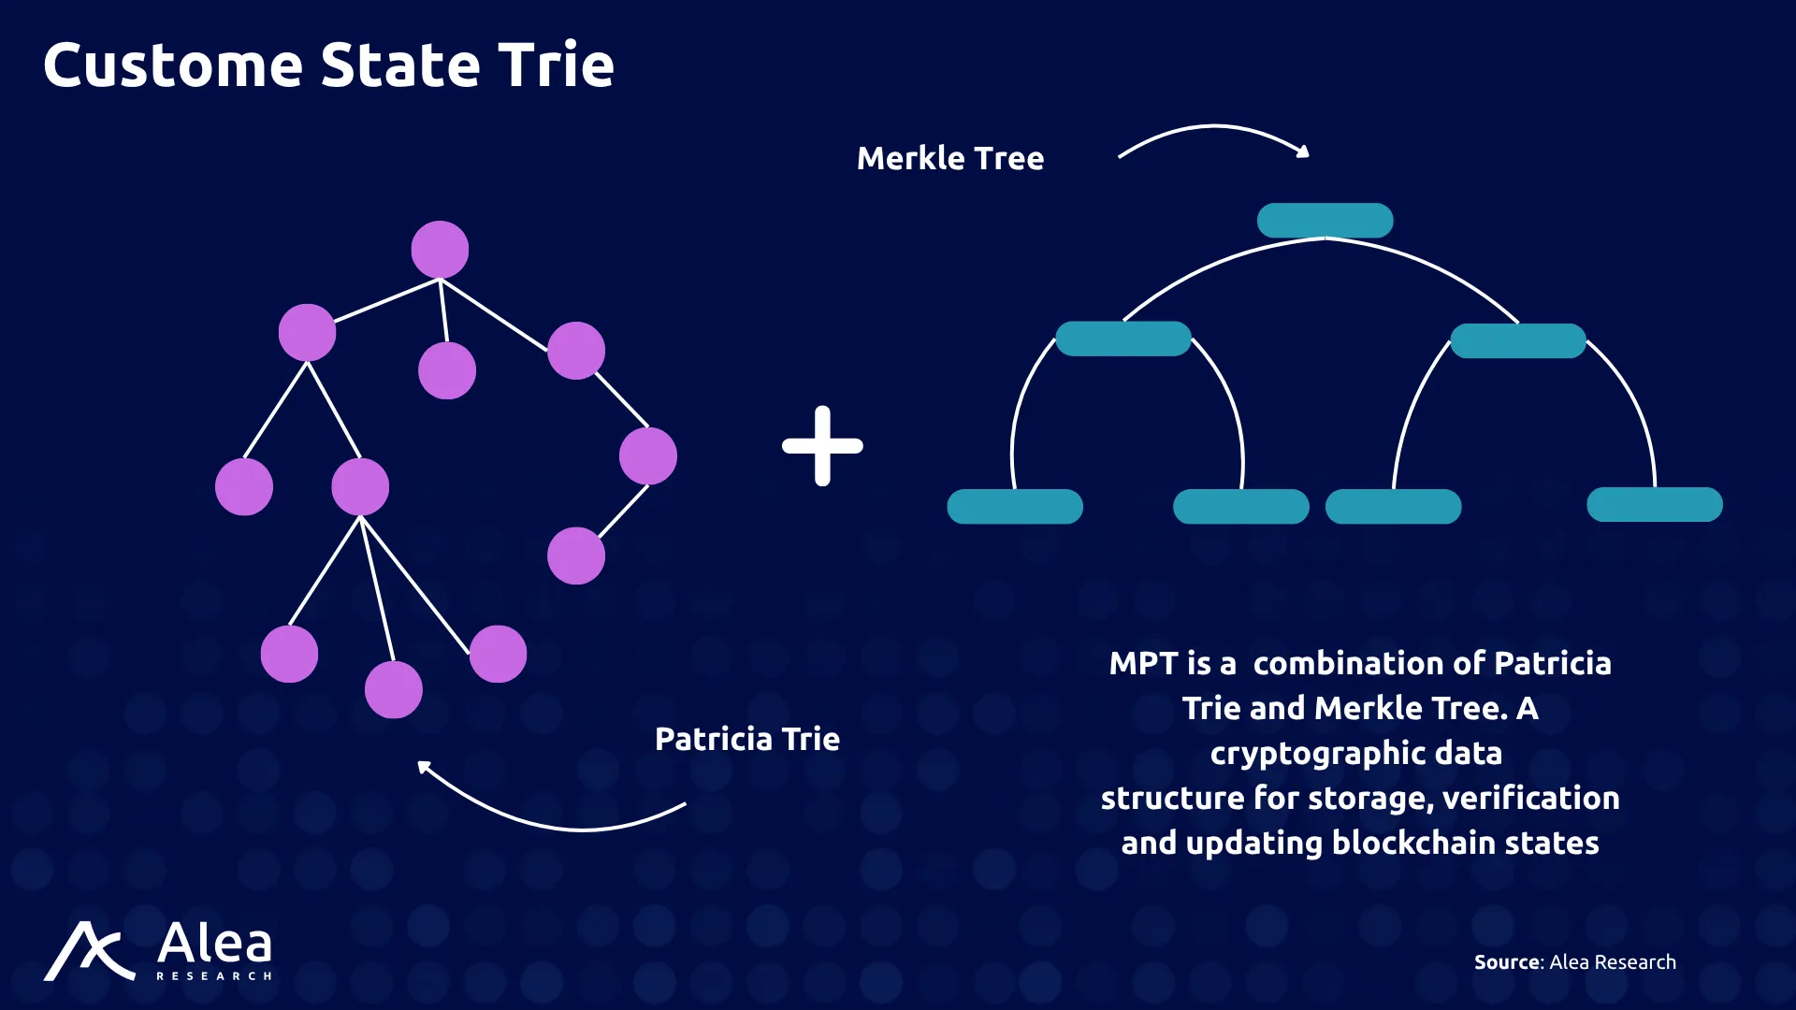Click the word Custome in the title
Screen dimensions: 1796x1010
pos(173,65)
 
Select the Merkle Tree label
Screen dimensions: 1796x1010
pos(950,158)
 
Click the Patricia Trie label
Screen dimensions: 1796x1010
pos(747,739)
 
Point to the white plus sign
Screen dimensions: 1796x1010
pos(822,446)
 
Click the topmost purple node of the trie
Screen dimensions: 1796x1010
pos(440,250)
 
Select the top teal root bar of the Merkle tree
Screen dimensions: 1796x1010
pos(1325,221)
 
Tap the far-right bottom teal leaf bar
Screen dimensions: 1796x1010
pos(1655,505)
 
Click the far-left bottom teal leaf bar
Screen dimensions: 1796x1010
pos(1015,507)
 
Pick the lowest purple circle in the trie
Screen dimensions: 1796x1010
pos(393,690)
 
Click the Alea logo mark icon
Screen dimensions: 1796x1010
pos(89,951)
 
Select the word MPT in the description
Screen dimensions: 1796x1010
pos(1143,663)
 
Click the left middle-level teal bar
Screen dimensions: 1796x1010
pos(1123,339)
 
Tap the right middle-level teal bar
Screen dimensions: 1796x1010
pos(1518,340)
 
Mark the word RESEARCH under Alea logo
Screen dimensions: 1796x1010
pos(214,976)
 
